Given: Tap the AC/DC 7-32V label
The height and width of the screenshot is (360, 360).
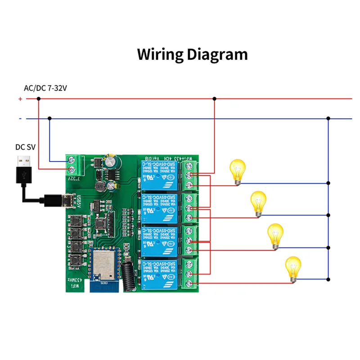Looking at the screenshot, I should [x=45, y=88].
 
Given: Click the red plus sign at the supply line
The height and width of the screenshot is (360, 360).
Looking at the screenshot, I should [x=20, y=99].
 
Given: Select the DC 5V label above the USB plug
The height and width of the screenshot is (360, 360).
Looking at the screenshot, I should [x=25, y=147].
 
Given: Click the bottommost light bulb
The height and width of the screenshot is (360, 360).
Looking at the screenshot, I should [x=294, y=269].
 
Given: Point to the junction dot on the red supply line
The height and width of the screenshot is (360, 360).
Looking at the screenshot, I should [x=215, y=99].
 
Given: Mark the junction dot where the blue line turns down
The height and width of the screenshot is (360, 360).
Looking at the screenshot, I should [x=328, y=119].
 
